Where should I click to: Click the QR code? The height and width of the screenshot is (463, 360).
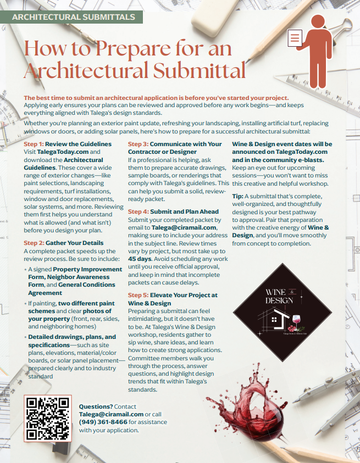click(x=48, y=418)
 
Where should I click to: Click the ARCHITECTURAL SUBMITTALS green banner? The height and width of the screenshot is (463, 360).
click(x=73, y=17)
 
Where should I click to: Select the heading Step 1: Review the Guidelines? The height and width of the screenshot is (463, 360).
click(x=68, y=144)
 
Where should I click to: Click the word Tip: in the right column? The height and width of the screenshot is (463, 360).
click(x=238, y=196)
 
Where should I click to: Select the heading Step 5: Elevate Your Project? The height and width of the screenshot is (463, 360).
click(x=173, y=295)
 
